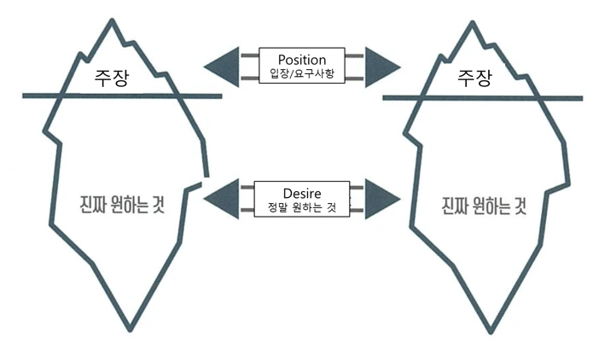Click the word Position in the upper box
302,60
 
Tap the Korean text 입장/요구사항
302,73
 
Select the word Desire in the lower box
302,193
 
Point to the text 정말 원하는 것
302,206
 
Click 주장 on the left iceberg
111,78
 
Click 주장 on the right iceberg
474,78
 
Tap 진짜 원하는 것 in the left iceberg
122,205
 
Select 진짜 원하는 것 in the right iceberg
484,206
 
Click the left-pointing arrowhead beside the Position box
222,67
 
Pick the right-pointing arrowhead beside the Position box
382,67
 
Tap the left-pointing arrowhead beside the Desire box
222,199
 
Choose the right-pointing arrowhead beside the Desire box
382,199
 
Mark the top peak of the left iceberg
113,20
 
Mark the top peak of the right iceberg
473,22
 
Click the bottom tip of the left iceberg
130,330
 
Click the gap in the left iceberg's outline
205,180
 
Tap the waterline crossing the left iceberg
122,96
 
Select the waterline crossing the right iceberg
483,98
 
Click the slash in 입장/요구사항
292,73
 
